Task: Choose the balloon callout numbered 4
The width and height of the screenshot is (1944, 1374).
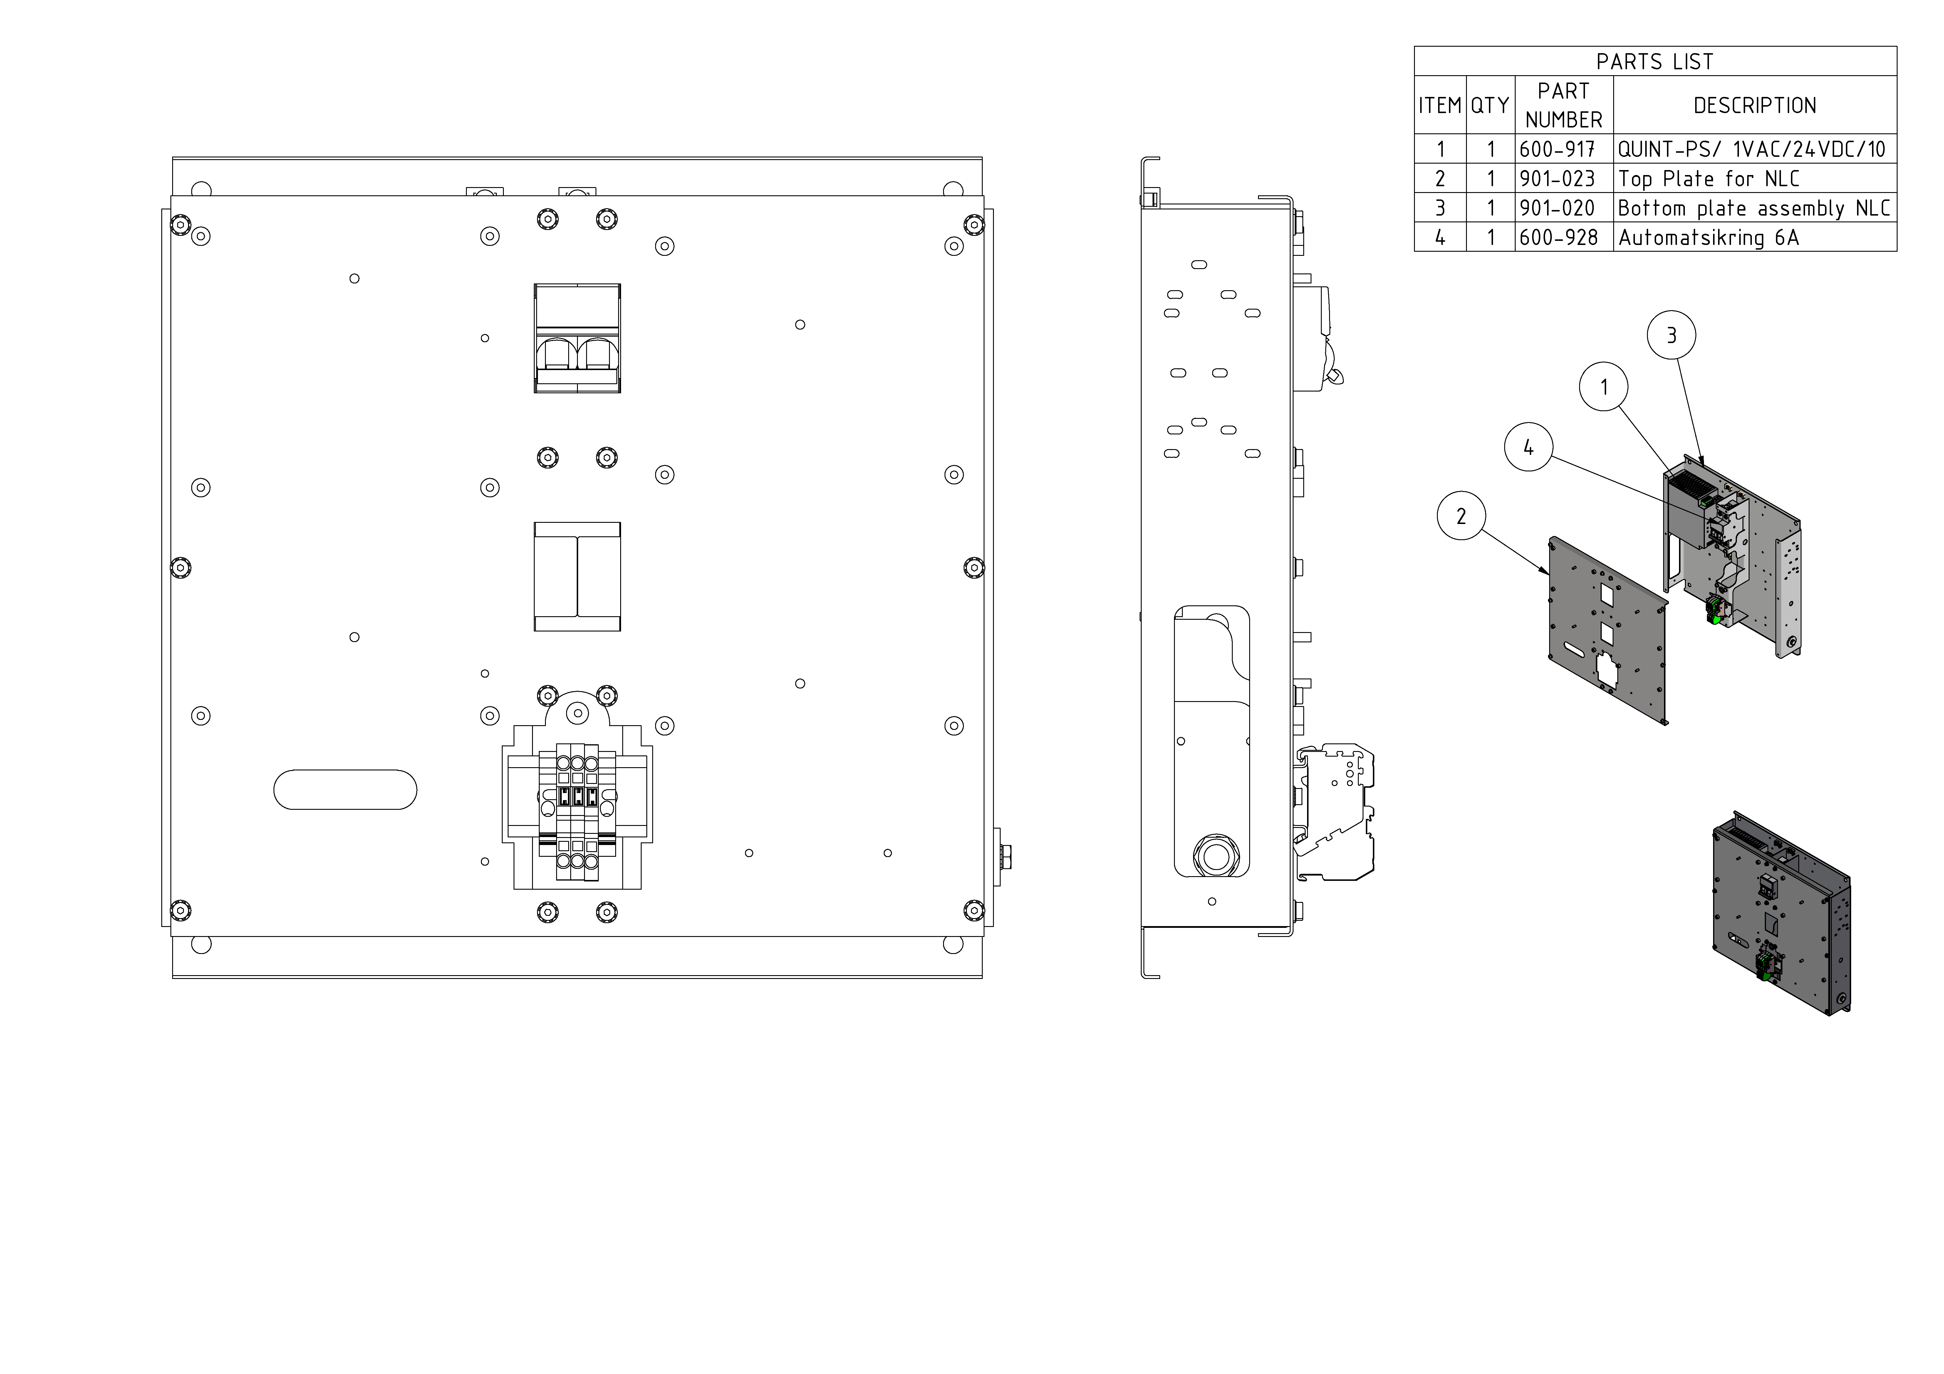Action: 1528,448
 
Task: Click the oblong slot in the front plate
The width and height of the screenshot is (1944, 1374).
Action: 345,790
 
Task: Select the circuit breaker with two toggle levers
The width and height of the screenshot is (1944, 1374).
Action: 578,339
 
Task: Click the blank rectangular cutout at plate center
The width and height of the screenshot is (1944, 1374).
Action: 578,577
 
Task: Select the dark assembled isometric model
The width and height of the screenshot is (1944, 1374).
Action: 1778,914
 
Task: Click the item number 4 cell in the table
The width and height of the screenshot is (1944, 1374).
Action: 1439,238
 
